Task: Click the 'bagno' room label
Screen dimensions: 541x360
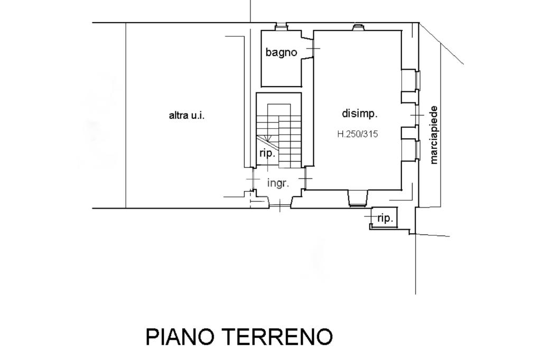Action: (281, 52)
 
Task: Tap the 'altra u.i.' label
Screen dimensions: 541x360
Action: (186, 115)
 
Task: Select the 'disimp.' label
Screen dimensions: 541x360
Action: (359, 113)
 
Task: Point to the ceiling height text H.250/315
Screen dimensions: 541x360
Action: (358, 134)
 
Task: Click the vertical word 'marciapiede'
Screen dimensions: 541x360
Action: (434, 135)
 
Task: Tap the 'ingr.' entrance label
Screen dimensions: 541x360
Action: (278, 183)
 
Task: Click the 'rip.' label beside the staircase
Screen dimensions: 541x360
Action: (267, 153)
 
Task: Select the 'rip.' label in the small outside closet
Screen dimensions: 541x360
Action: (385, 218)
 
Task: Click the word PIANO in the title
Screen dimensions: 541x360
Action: (179, 336)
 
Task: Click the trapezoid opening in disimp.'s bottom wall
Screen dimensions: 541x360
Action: (358, 198)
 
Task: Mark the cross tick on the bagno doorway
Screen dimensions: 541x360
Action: (313, 49)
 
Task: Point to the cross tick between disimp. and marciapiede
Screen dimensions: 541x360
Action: (417, 115)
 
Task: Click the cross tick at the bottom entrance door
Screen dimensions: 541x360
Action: (279, 205)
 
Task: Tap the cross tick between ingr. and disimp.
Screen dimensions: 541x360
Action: (305, 179)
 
